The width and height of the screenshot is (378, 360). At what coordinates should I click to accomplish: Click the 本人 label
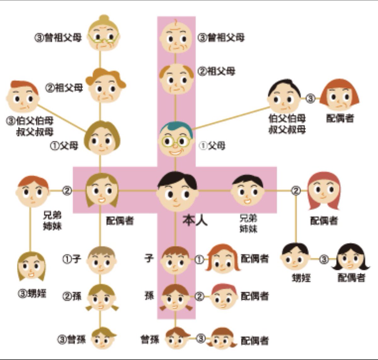pos(195,221)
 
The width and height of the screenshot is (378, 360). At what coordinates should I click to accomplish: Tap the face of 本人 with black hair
pos(177,191)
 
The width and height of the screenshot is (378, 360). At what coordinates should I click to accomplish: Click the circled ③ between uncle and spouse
pos(311,99)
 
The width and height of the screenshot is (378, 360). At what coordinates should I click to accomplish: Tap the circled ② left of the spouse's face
pos(67,191)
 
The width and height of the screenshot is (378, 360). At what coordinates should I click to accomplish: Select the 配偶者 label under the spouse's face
pos(120,221)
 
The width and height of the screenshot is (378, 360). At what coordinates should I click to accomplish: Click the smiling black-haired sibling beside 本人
pos(248,191)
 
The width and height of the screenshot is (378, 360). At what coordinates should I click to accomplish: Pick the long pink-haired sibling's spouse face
pos(324,191)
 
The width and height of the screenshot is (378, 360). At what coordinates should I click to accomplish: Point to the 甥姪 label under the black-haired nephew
pos(301,278)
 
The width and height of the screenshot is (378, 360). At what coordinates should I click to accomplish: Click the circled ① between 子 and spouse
pos(199,259)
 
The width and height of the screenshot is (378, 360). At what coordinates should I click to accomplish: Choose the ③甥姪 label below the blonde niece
pos(31,294)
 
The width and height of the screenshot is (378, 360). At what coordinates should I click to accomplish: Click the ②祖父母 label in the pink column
pos(216,71)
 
